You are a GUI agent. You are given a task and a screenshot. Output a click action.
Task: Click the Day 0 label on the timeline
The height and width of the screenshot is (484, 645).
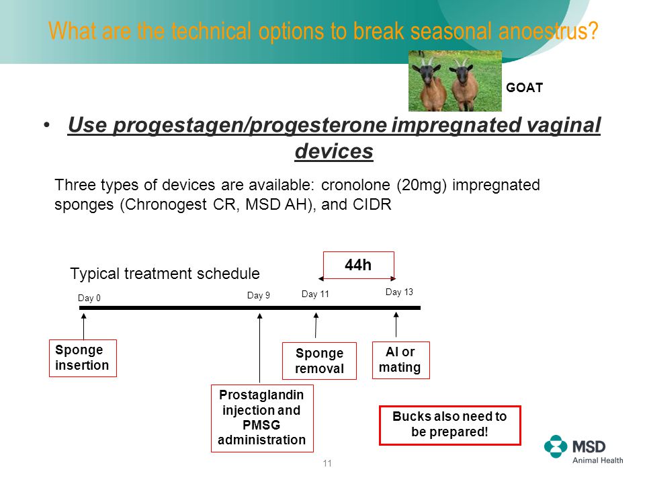(x=89, y=298)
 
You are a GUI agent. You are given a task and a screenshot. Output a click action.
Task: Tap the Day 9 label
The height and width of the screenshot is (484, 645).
(x=258, y=296)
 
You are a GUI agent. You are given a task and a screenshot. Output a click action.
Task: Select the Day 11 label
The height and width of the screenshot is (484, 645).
(x=315, y=294)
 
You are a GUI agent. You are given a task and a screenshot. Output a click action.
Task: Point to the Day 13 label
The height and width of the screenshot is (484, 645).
(x=399, y=292)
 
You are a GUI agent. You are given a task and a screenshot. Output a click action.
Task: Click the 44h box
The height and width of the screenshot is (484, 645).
(x=358, y=265)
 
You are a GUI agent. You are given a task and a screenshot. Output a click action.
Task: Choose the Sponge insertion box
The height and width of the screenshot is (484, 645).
(x=83, y=358)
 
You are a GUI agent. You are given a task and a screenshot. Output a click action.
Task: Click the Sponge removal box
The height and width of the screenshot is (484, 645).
(x=319, y=360)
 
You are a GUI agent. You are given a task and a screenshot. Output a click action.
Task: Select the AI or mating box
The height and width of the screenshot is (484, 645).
(x=400, y=360)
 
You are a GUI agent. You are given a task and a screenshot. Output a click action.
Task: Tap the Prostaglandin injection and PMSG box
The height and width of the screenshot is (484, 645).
(x=262, y=418)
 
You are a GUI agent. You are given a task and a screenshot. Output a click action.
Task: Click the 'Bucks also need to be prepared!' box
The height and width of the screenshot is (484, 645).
(x=449, y=425)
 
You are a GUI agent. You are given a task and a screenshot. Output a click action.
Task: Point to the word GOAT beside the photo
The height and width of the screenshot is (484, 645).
(x=524, y=87)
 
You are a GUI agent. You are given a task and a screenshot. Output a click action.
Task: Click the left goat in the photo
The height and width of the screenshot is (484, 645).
(x=433, y=84)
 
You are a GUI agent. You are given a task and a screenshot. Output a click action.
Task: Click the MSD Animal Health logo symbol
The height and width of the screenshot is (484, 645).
(x=556, y=446)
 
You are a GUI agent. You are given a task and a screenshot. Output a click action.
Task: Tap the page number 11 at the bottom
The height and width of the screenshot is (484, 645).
(x=327, y=463)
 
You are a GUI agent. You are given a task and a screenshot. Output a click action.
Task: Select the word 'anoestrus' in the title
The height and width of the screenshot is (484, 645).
(x=548, y=32)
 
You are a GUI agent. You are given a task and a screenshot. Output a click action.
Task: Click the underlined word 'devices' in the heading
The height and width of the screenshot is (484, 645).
(x=334, y=151)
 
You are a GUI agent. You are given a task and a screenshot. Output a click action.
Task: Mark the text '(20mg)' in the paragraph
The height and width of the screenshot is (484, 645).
(x=421, y=186)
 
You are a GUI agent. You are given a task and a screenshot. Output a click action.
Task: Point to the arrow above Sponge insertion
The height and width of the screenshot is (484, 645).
(x=83, y=327)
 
